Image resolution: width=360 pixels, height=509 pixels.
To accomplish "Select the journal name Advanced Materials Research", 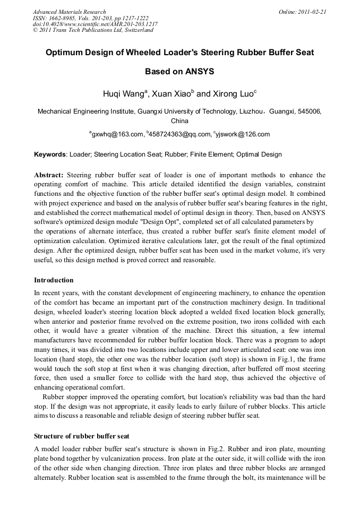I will click(x=69, y=11).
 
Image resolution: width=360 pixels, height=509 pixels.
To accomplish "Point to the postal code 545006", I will click(x=308, y=111).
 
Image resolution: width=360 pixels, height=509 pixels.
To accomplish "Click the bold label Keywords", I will click(x=49, y=154).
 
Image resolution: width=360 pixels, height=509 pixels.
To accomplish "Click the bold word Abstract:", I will click(x=49, y=175).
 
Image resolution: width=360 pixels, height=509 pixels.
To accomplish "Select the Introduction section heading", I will click(x=54, y=280).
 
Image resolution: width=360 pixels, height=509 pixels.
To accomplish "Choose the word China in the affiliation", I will click(x=179, y=121).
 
